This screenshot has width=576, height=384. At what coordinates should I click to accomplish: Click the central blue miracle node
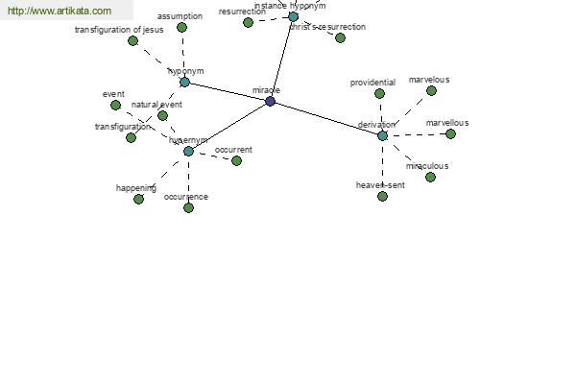tap(270, 101)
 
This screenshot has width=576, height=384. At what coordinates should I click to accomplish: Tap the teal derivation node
tap(382, 135)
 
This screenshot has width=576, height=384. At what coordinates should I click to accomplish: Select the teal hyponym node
tap(184, 83)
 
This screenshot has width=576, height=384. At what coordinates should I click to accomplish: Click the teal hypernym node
tap(188, 151)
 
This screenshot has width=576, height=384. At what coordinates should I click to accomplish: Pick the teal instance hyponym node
tap(293, 16)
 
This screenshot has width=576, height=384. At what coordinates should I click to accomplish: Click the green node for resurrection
tap(248, 22)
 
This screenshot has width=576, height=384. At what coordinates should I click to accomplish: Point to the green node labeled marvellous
tap(450, 133)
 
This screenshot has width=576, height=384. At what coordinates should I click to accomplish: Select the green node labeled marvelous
tap(431, 90)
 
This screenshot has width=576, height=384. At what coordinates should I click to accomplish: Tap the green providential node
tap(379, 93)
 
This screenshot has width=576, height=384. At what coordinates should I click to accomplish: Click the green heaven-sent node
tap(382, 196)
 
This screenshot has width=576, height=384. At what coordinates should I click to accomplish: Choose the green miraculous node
tap(430, 177)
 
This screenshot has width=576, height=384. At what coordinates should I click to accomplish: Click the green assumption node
tap(181, 27)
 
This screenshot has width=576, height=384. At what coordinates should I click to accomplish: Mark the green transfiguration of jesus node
tap(132, 40)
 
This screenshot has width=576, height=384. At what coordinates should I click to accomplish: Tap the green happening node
tap(138, 199)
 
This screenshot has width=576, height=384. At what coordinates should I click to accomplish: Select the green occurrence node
tap(188, 207)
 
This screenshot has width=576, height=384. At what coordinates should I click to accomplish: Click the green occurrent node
tap(236, 160)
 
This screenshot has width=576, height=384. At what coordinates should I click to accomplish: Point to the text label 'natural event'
tap(156, 105)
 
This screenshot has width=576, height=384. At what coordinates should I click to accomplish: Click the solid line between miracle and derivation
tap(326, 118)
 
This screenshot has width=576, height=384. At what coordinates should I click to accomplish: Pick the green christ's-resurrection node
tap(340, 37)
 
